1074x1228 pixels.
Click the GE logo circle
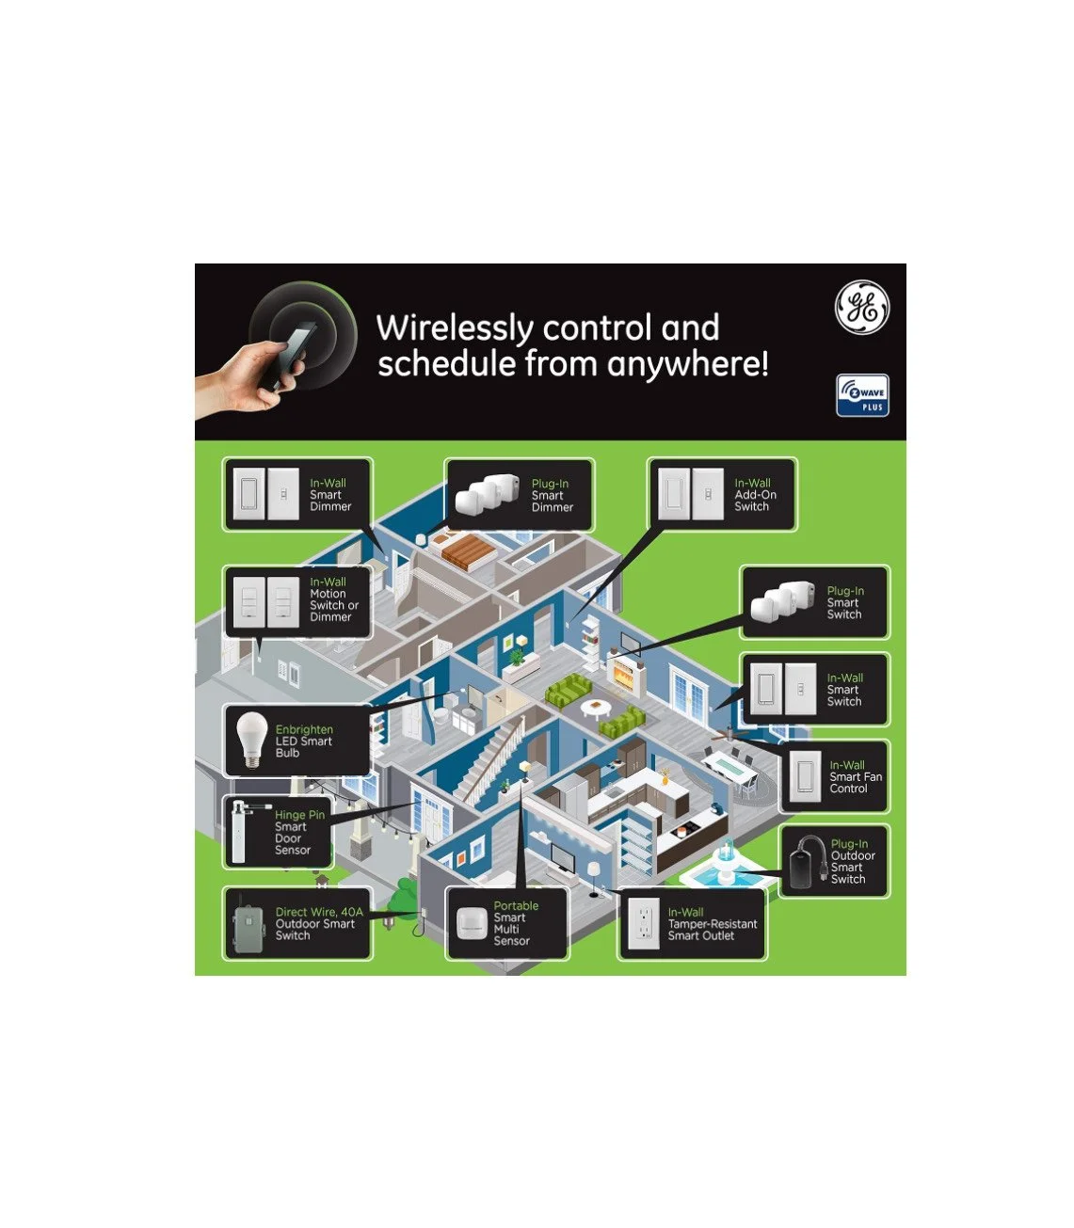coord(862,308)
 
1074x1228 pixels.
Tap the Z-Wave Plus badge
coord(862,395)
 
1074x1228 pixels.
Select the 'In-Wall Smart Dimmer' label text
coord(330,495)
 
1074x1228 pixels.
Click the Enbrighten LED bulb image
coord(248,740)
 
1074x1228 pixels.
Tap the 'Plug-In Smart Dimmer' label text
coord(552,496)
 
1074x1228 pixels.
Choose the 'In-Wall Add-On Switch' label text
coord(755,495)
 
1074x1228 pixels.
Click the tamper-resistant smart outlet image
coord(644,923)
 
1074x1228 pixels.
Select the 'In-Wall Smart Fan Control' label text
coord(855,777)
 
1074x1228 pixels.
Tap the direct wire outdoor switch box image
coord(248,924)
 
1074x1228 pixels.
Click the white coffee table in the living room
coord(595,706)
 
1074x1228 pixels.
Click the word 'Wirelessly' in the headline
coord(455,328)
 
